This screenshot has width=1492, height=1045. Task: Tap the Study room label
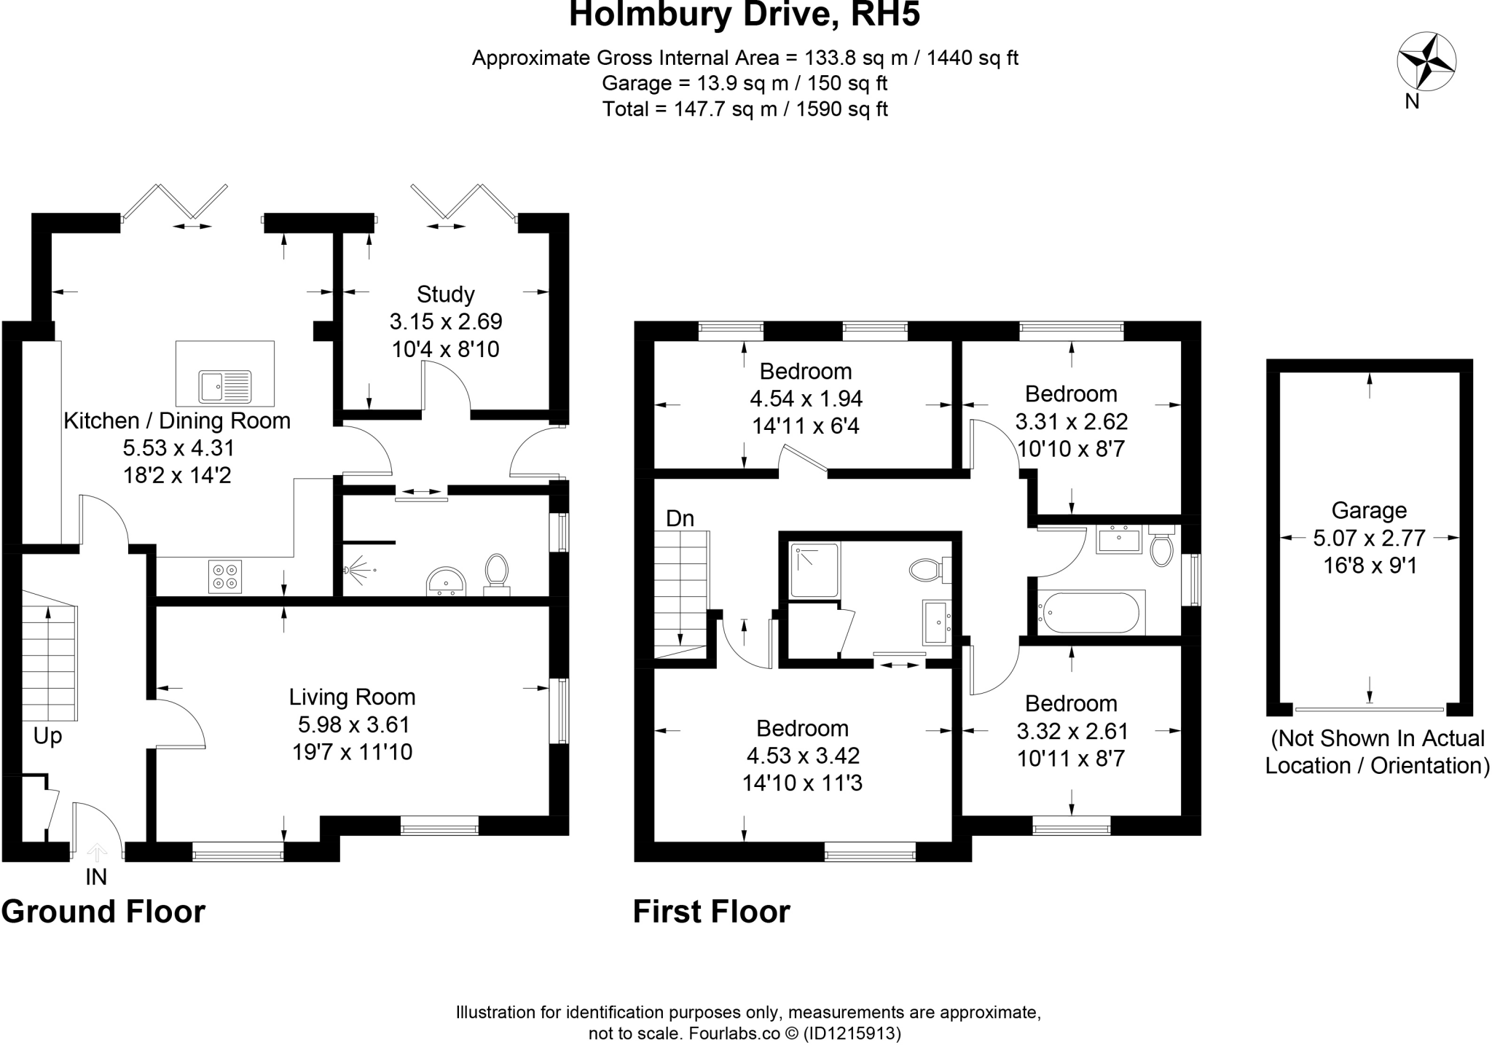pos(445,294)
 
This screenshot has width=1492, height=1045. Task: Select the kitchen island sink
pos(224,386)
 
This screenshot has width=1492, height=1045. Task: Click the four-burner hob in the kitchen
pos(225,576)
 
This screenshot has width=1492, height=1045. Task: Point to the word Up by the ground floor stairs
pos(47,737)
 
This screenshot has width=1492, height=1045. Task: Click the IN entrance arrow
pos(97,853)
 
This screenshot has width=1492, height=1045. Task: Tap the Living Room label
pos(352,697)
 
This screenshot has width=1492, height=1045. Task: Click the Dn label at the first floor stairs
pos(680,519)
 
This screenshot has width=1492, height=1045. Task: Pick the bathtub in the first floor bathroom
pos(1090,613)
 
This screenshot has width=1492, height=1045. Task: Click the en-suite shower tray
pos(814,568)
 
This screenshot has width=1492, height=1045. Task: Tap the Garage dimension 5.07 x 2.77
pos(1369,539)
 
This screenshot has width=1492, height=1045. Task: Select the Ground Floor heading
pos(103,912)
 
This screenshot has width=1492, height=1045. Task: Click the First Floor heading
pos(711,912)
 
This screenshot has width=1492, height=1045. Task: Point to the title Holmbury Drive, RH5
pos(744,15)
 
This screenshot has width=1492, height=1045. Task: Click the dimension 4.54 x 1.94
pos(806,399)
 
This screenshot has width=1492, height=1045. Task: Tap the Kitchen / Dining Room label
pos(177,420)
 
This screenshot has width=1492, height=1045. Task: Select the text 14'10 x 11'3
pos(802,783)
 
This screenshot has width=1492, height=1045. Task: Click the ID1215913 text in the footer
pos(852,1033)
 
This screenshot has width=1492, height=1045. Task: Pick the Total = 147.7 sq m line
pos(745,109)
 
